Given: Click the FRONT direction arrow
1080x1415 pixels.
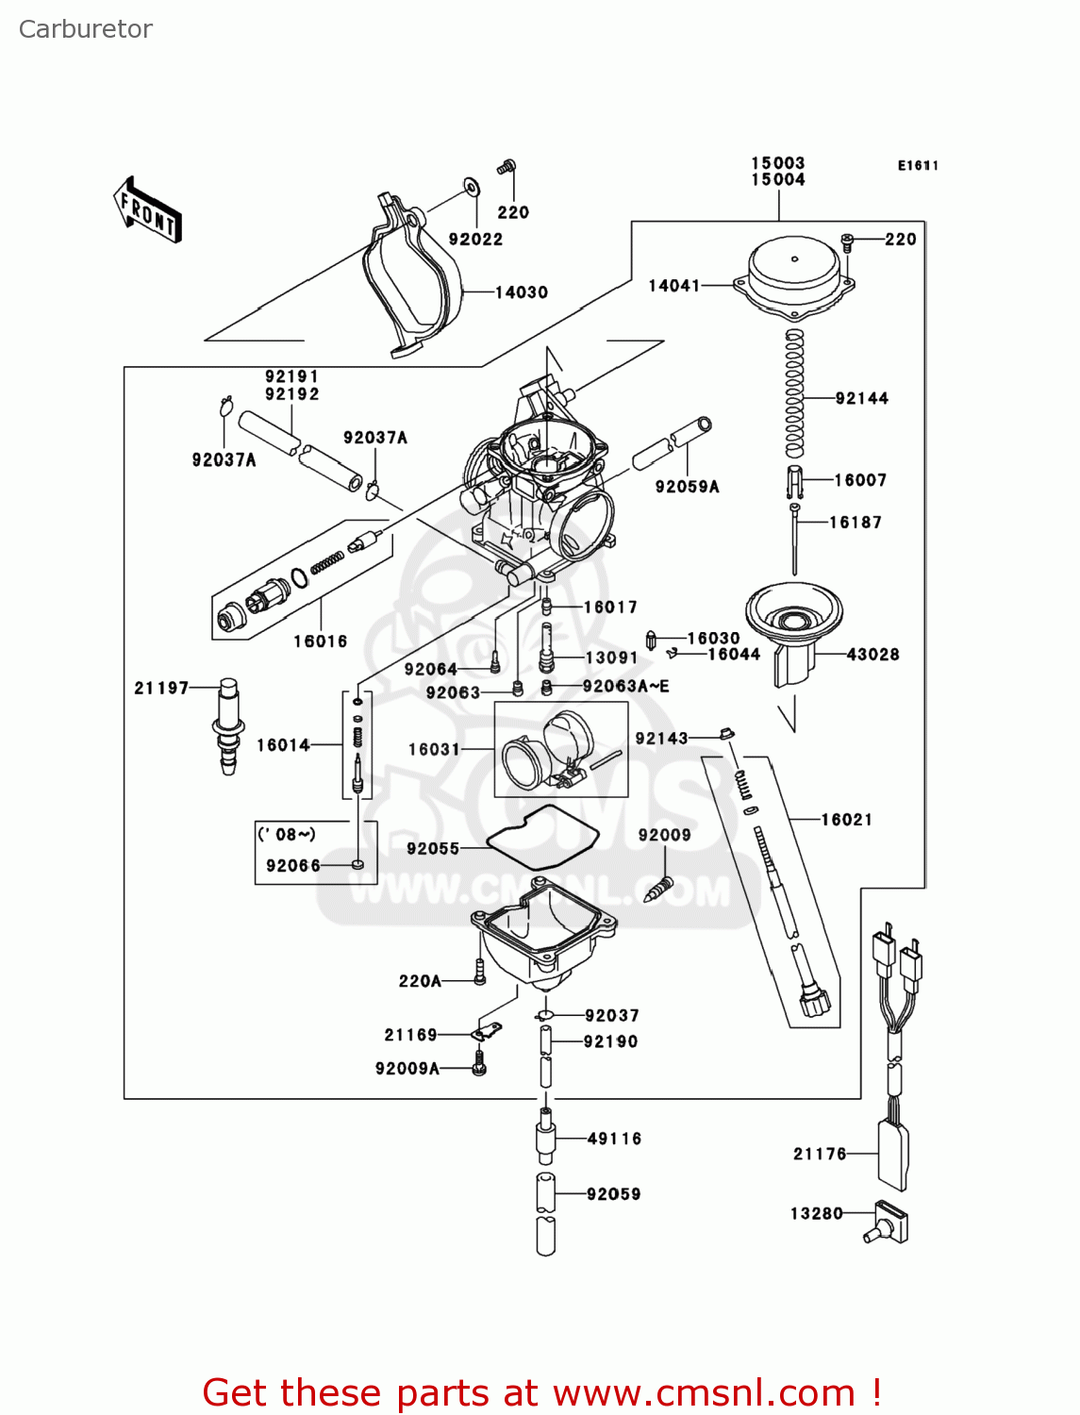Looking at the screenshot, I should [x=147, y=210].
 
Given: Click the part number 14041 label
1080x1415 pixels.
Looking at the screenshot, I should [x=673, y=286].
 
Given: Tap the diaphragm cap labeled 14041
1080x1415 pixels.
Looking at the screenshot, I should [x=794, y=273].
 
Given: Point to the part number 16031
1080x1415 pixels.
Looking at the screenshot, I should [x=434, y=750].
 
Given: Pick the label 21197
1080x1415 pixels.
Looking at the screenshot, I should [x=161, y=689].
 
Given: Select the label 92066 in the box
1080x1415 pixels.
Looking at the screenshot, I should [x=293, y=866].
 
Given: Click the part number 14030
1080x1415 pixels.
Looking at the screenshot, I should [x=522, y=292].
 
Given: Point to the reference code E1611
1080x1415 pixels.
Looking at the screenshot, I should [x=917, y=166].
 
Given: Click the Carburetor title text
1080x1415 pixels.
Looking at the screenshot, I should [x=86, y=29].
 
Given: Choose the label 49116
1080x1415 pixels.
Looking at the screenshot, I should [x=614, y=1140].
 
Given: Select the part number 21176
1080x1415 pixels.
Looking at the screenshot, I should [x=820, y=1154].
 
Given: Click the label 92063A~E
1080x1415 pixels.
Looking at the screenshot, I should [x=626, y=687].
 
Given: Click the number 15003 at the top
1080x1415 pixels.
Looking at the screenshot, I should [x=777, y=163].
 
